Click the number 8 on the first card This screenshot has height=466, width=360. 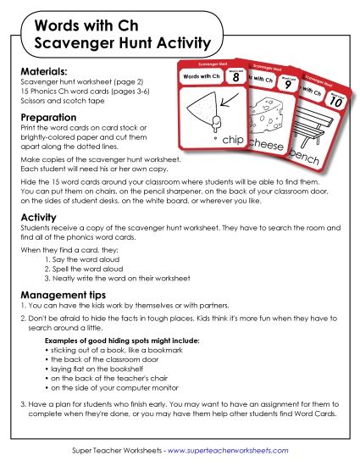235,77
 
